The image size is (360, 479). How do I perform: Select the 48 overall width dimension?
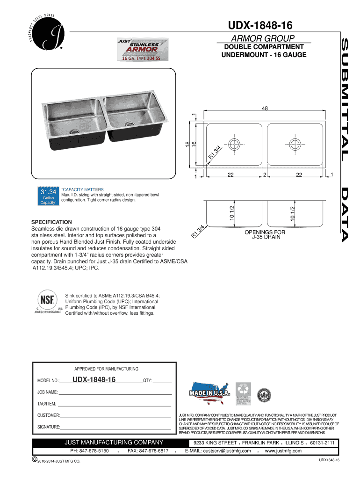(265, 109)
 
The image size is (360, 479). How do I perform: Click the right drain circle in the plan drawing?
(295, 143)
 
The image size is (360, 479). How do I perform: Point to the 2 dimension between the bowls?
(265, 174)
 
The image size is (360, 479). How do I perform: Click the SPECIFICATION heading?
(51, 222)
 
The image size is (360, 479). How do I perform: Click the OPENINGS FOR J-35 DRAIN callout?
(265, 234)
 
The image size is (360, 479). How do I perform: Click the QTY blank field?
(162, 380)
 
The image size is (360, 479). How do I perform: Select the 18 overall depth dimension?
(188, 146)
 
